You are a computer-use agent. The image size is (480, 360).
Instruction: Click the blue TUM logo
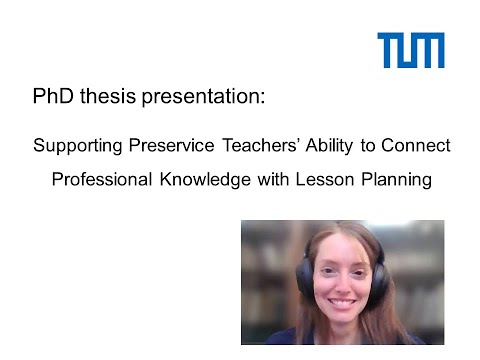[x=410, y=50]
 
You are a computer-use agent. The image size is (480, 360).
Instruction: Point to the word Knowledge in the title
[x=214, y=181]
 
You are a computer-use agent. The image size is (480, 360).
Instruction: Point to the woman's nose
[x=341, y=283]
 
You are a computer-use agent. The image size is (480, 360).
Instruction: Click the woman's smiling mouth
[x=342, y=302]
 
